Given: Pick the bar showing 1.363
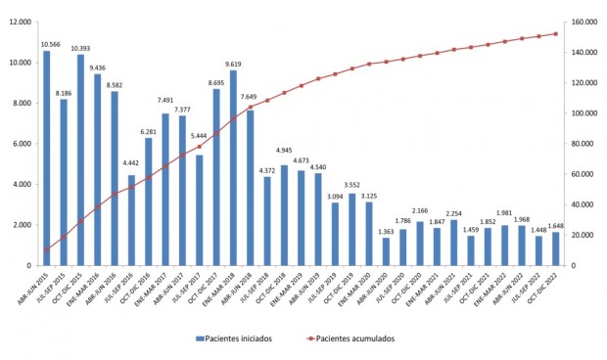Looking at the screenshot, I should click(386, 252).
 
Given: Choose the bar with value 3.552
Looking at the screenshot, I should click(351, 230).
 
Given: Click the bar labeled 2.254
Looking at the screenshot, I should click(453, 243).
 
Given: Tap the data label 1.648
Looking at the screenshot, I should click(555, 225).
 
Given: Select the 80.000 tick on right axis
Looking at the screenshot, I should click(585, 144).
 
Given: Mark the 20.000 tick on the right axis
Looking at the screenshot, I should click(585, 235).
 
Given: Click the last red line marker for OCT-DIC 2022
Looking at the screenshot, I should click(555, 34).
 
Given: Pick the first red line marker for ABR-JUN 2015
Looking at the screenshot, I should click(46, 250).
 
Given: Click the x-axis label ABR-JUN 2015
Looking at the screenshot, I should click(37, 286).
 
